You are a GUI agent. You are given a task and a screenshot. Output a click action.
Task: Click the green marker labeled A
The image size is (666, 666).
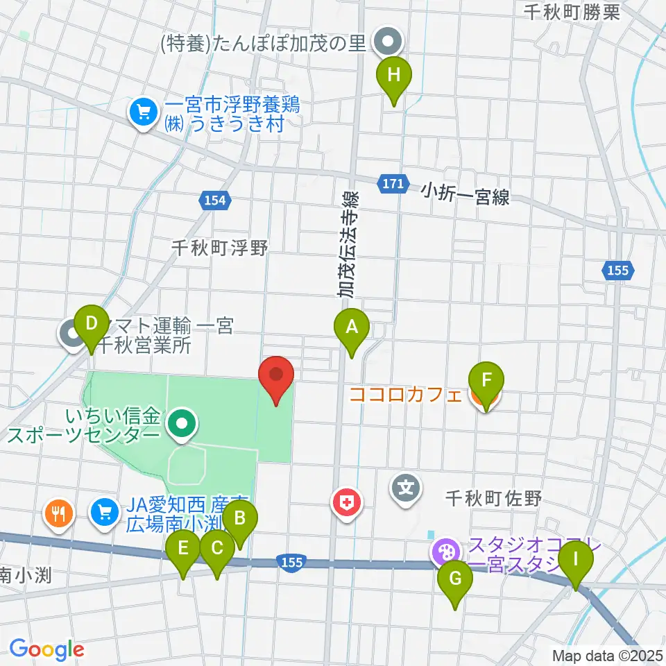click(x=352, y=325)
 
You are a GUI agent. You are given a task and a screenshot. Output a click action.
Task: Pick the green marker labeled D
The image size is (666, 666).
click(x=91, y=323)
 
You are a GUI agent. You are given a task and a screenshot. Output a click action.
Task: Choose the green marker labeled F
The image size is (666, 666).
click(x=486, y=380)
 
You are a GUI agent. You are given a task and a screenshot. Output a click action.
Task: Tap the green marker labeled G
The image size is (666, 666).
click(x=455, y=579)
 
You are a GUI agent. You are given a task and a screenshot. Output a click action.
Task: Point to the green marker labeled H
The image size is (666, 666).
click(x=394, y=75)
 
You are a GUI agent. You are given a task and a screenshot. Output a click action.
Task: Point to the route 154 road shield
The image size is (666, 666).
click(x=215, y=200)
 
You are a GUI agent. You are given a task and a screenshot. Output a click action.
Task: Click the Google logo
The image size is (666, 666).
click(x=46, y=649)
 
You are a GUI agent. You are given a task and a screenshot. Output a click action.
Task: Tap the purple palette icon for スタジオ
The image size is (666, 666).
click(x=444, y=552)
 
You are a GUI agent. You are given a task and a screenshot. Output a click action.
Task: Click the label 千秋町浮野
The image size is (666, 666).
click(x=221, y=247)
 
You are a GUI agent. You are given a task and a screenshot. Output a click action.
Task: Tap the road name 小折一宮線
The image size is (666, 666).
click(x=465, y=194)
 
